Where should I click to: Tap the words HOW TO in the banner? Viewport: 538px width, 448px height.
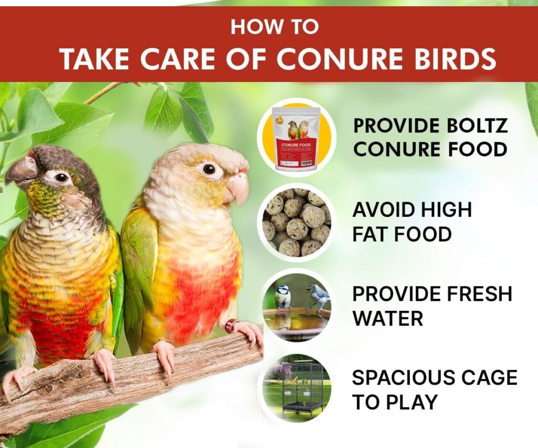[x=274, y=26]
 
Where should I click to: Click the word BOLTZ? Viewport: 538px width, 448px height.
[x=476, y=126]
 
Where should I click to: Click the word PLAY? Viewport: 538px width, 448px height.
[x=415, y=402]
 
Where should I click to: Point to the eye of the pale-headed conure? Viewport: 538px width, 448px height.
[x=209, y=169]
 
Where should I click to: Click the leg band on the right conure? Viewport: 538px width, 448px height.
[x=230, y=326]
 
